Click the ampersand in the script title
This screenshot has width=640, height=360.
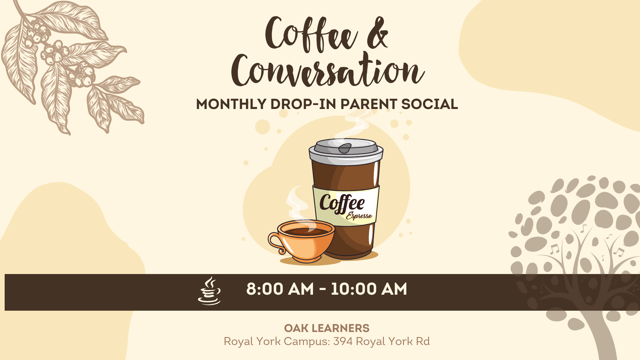(378, 33)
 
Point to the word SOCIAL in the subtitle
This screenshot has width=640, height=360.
(430, 104)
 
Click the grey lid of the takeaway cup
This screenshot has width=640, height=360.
(346, 151)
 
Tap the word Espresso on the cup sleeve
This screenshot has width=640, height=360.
(359, 216)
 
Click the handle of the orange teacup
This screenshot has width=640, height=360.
(276, 242)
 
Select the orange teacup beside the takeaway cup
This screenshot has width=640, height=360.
(302, 241)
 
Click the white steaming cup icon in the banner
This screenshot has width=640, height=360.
(209, 291)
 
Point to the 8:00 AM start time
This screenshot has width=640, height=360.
(280, 289)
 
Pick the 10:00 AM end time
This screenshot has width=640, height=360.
(369, 289)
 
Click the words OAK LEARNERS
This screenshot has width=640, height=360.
(327, 328)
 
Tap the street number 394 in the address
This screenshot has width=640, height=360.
(343, 341)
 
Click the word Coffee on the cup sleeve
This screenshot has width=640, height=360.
(342, 203)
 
